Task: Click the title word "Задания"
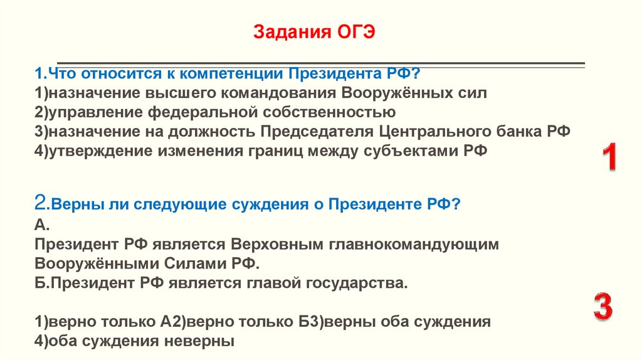(290, 31)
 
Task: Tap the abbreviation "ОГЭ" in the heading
(352, 31)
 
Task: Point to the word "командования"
(285, 93)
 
